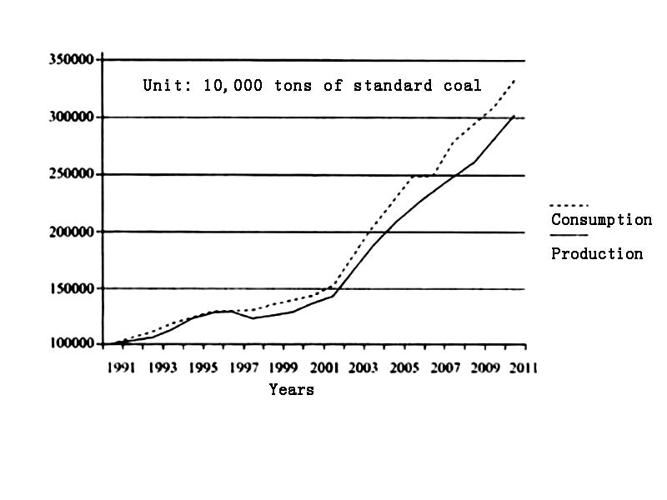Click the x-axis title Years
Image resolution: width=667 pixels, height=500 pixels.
292,389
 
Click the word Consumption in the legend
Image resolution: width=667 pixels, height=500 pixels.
601,220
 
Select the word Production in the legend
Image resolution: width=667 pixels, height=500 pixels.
597,254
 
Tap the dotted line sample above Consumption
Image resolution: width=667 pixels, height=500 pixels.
569,205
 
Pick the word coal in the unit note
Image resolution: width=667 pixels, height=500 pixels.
463,85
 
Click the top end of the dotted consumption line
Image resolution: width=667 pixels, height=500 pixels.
515,79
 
